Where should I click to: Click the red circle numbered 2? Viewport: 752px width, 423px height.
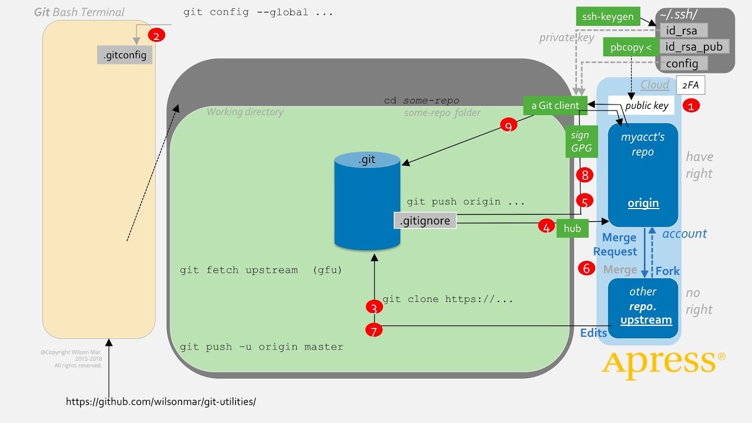pyautogui.click(x=156, y=36)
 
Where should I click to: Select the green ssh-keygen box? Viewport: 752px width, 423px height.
pyautogui.click(x=607, y=16)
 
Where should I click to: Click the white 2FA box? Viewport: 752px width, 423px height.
pyautogui.click(x=690, y=85)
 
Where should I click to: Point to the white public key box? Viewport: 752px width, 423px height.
pyautogui.click(x=646, y=106)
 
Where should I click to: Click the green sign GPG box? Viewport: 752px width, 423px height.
pyautogui.click(x=581, y=142)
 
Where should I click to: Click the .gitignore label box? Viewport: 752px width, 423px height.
pyautogui.click(x=425, y=221)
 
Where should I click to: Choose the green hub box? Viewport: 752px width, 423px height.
pyautogui.click(x=572, y=229)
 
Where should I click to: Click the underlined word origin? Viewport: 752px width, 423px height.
pyautogui.click(x=643, y=203)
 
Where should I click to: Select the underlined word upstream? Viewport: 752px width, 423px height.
pyautogui.click(x=646, y=320)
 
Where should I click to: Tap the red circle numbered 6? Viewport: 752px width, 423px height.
pyautogui.click(x=586, y=268)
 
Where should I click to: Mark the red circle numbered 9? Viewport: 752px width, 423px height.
pyautogui.click(x=509, y=125)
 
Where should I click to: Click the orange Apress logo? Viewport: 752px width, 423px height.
pyautogui.click(x=663, y=364)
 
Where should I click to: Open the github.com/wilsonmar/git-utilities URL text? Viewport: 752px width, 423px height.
pyautogui.click(x=161, y=402)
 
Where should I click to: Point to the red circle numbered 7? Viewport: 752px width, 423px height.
pyautogui.click(x=374, y=331)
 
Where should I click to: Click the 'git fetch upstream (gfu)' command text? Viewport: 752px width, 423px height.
pyautogui.click(x=261, y=270)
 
